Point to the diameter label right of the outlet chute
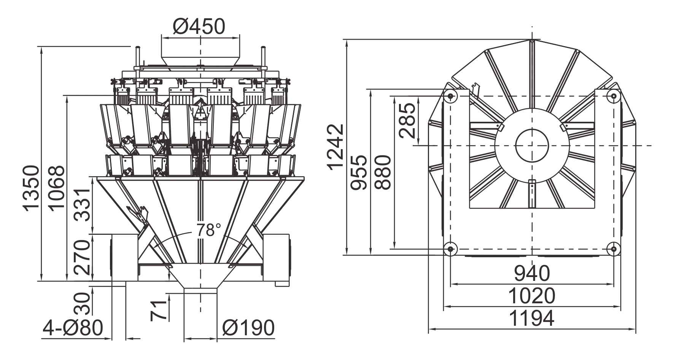[x=249, y=327]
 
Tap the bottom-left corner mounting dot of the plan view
[x=451, y=248]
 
